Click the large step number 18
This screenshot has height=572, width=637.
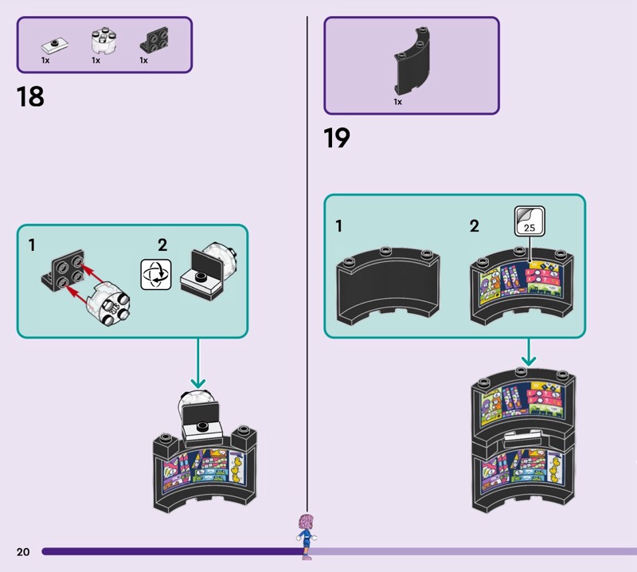tap(29, 97)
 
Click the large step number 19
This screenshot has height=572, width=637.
tap(336, 138)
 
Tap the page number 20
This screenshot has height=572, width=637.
tap(22, 551)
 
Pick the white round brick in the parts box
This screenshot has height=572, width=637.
tap(101, 42)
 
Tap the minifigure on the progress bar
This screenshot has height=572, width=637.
tap(303, 529)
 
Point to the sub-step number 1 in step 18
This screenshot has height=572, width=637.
tap(32, 246)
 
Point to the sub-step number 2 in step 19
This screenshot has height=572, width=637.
tap(475, 226)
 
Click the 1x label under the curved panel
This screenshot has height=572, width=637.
tap(397, 102)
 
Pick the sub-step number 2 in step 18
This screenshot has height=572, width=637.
tap(162, 245)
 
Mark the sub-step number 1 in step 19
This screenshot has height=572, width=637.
tap(338, 226)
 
